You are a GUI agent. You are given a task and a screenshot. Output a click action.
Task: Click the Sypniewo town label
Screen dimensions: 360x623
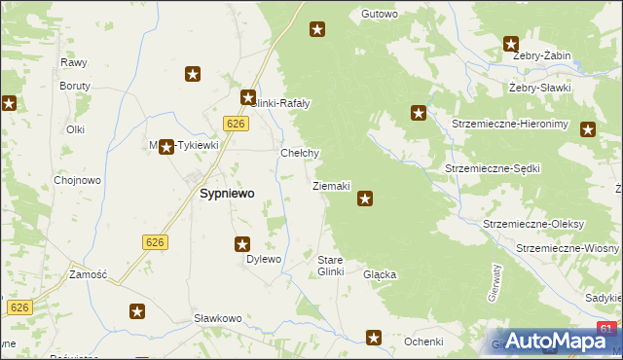pyautogui.click(x=227, y=194)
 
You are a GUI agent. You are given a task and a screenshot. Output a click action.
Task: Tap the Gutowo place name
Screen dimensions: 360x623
pyautogui.click(x=380, y=15)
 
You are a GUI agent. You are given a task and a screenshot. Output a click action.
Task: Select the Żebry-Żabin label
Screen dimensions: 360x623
pyautogui.click(x=541, y=56)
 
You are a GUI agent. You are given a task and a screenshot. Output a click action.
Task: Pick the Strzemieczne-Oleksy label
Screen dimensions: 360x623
pyautogui.click(x=533, y=224)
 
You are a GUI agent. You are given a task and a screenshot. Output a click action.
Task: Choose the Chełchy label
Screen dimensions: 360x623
pyautogui.click(x=300, y=154)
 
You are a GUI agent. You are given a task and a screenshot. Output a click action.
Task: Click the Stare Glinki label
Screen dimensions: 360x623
pyautogui.click(x=331, y=266)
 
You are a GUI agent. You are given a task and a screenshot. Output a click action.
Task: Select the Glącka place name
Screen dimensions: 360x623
pyautogui.click(x=380, y=275)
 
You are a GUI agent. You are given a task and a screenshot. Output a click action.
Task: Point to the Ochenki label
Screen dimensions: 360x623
pyautogui.click(x=423, y=342)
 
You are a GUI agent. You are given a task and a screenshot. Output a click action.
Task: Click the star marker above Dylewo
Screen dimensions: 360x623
pyautogui.click(x=242, y=244)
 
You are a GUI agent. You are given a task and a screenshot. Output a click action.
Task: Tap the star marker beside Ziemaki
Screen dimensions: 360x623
pyautogui.click(x=365, y=199)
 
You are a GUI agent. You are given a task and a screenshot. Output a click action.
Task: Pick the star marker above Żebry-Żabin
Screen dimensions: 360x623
pyautogui.click(x=511, y=43)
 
